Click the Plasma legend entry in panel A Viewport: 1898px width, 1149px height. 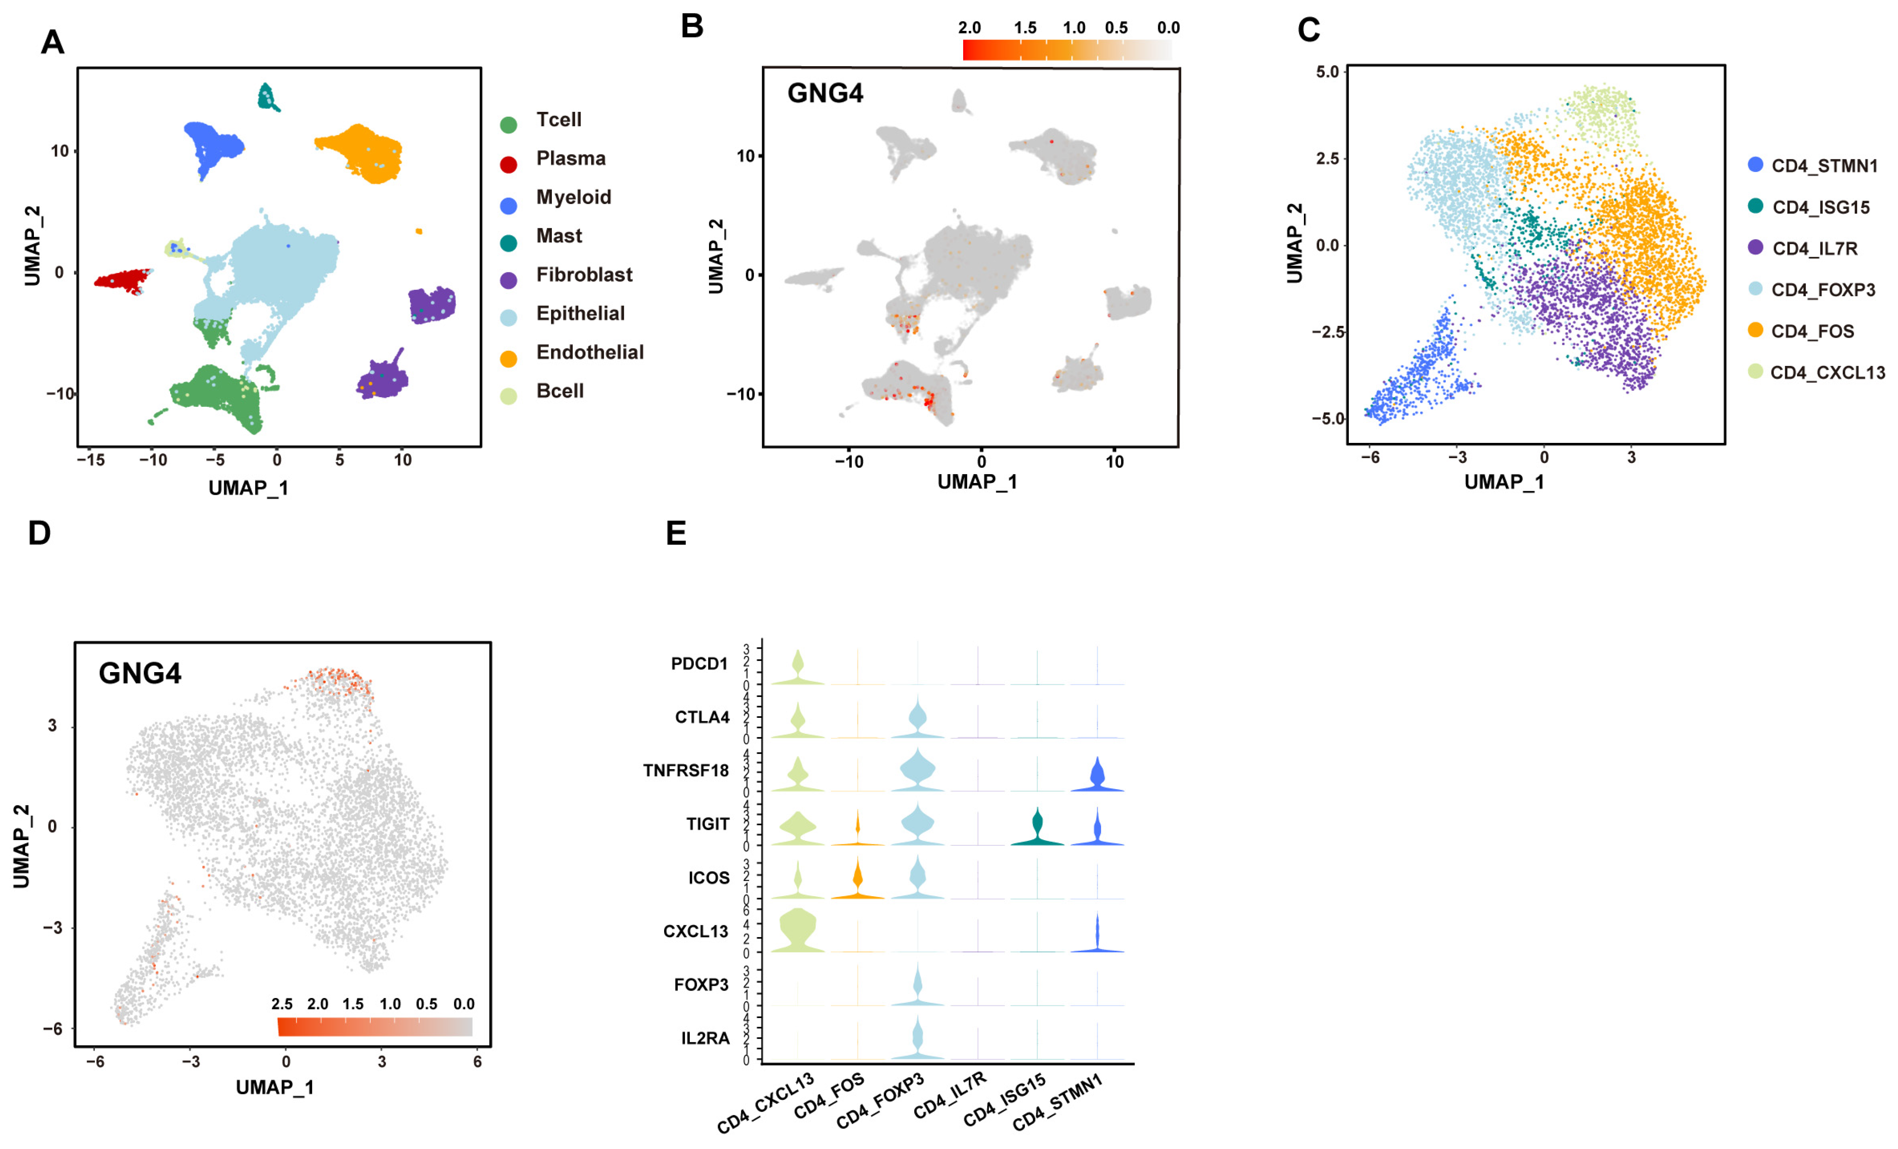pyautogui.click(x=570, y=159)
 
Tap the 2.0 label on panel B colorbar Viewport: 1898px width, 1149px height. pyautogui.click(x=969, y=28)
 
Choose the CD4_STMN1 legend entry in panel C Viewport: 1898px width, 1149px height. pyautogui.click(x=1823, y=166)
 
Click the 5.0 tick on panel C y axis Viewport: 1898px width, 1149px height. pyautogui.click(x=1327, y=72)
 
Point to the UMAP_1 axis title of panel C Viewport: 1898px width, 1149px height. pyautogui.click(x=1504, y=482)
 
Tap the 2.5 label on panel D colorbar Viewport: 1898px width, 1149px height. pyautogui.click(x=282, y=1004)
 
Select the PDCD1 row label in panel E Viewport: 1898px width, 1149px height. pyautogui.click(x=699, y=664)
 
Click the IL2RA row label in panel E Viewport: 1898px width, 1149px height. pyautogui.click(x=705, y=1038)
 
